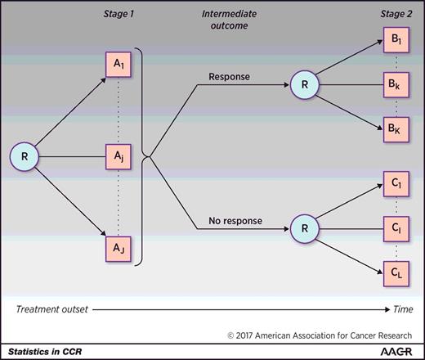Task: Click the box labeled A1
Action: click(x=117, y=65)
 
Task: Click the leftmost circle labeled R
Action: click(x=25, y=155)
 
